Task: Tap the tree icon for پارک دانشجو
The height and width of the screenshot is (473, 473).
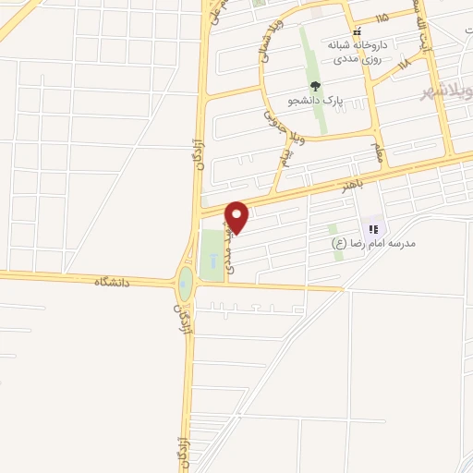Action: (315, 86)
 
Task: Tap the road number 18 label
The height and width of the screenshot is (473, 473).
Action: (404, 64)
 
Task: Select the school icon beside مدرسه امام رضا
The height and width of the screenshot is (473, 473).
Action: (374, 228)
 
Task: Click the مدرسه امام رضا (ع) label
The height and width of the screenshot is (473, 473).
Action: (374, 243)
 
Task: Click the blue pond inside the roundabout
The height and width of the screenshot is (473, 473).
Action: (187, 285)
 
